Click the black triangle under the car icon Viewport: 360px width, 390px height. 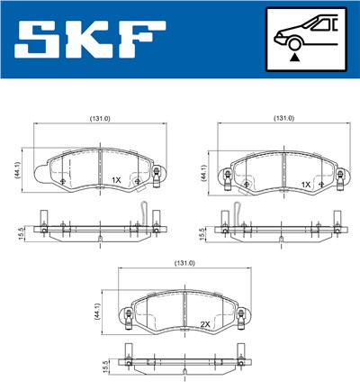pyautogui.click(x=293, y=57)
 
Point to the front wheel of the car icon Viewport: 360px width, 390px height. pyautogui.click(x=293, y=41)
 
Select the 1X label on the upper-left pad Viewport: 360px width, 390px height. pyautogui.click(x=115, y=180)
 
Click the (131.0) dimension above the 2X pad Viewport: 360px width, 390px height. pyautogui.click(x=184, y=264)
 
